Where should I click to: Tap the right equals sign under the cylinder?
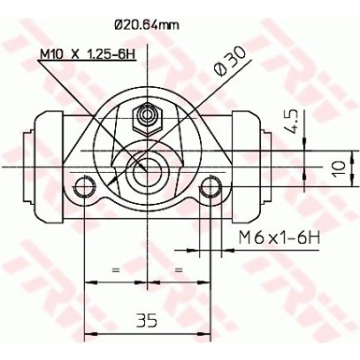click(x=178, y=269)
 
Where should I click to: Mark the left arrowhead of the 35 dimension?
click(x=89, y=336)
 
